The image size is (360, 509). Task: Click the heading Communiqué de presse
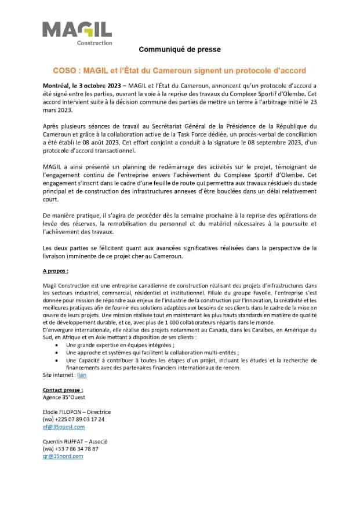(179, 50)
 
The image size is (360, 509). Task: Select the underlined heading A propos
(56, 270)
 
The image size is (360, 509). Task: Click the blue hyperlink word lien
(82, 375)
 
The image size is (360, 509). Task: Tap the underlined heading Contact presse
(63, 390)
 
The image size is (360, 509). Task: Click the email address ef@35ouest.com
(64, 426)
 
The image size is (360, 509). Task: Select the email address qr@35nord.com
(63, 456)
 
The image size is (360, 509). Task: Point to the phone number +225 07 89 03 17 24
(80, 419)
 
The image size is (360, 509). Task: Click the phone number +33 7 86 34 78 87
(77, 448)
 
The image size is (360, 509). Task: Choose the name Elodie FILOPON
(63, 412)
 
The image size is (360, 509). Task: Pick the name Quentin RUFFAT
(64, 441)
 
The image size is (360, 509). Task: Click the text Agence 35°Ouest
(64, 397)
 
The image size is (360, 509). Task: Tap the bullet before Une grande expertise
(57, 344)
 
